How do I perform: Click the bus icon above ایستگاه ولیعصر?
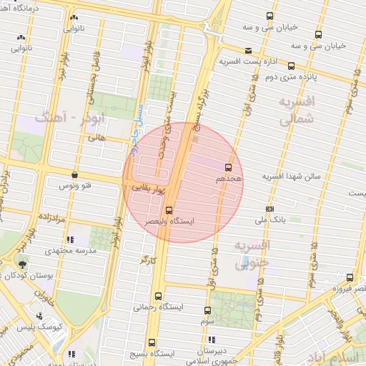pyautogui.click(x=169, y=210)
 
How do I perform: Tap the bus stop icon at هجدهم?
pyautogui.click(x=228, y=167)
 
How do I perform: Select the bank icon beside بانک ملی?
pyautogui.click(x=269, y=209)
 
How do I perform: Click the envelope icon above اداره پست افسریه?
pyautogui.click(x=248, y=51)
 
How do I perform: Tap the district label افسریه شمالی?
pyautogui.click(x=295, y=111)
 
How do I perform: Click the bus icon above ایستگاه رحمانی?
pyautogui.click(x=159, y=295)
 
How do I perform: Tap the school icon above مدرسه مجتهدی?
pyautogui.click(x=69, y=240)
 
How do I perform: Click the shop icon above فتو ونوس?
pyautogui.click(x=75, y=174)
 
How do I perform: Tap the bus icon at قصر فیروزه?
pyautogui.click(x=350, y=277)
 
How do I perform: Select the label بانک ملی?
pyautogui.click(x=292, y=221)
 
